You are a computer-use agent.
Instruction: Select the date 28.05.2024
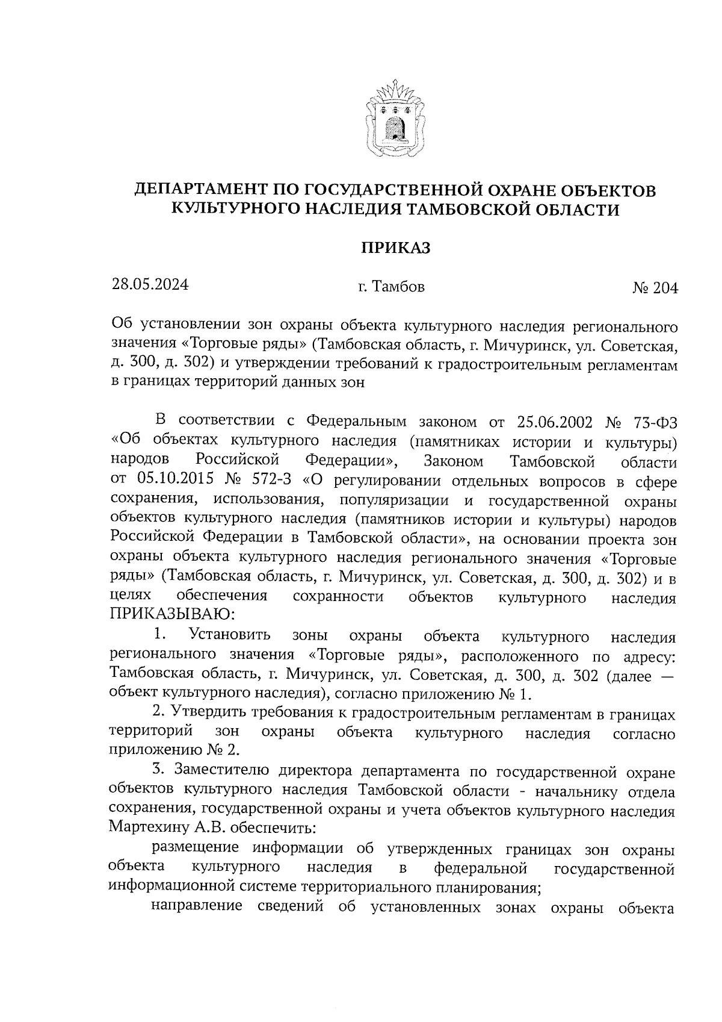(150, 284)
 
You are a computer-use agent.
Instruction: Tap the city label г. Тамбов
(390, 287)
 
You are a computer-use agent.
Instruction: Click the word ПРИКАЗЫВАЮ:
(171, 615)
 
